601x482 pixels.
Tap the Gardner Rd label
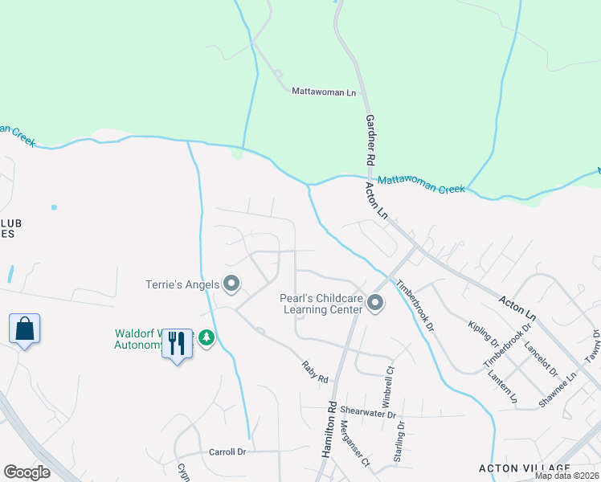click(371, 138)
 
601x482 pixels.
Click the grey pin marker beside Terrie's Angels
click(231, 284)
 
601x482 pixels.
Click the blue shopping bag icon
click(24, 329)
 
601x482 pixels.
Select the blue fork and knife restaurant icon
click(177, 344)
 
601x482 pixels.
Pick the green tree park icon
click(207, 339)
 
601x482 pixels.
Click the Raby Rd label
click(315, 372)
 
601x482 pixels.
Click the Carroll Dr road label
click(226, 451)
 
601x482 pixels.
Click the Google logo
click(27, 472)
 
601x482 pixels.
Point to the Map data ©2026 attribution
click(566, 476)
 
